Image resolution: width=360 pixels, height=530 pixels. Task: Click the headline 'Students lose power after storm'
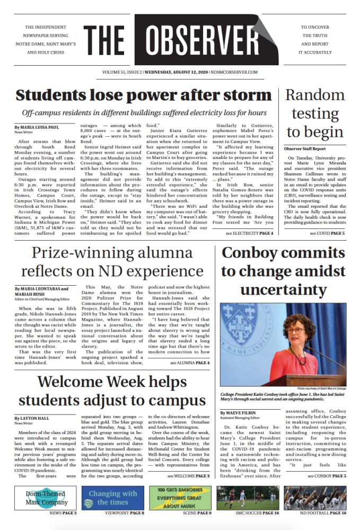(143, 96)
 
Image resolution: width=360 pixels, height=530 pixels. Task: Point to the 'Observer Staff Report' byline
(305, 148)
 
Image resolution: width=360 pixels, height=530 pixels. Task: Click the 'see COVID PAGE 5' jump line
(327, 233)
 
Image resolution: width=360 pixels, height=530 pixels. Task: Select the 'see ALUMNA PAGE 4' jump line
(190, 363)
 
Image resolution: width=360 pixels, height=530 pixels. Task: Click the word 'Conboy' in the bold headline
(254, 253)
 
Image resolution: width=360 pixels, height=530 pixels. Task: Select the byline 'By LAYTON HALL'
(32, 419)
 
